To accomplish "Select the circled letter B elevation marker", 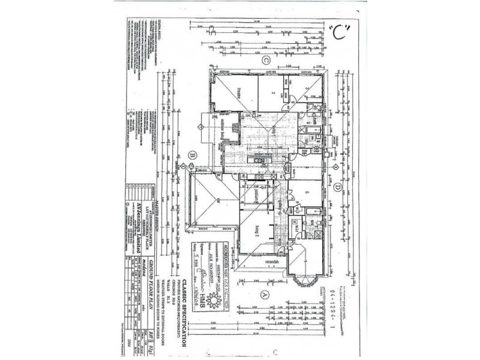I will pos(192,155).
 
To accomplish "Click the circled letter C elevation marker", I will pos(265,59).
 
